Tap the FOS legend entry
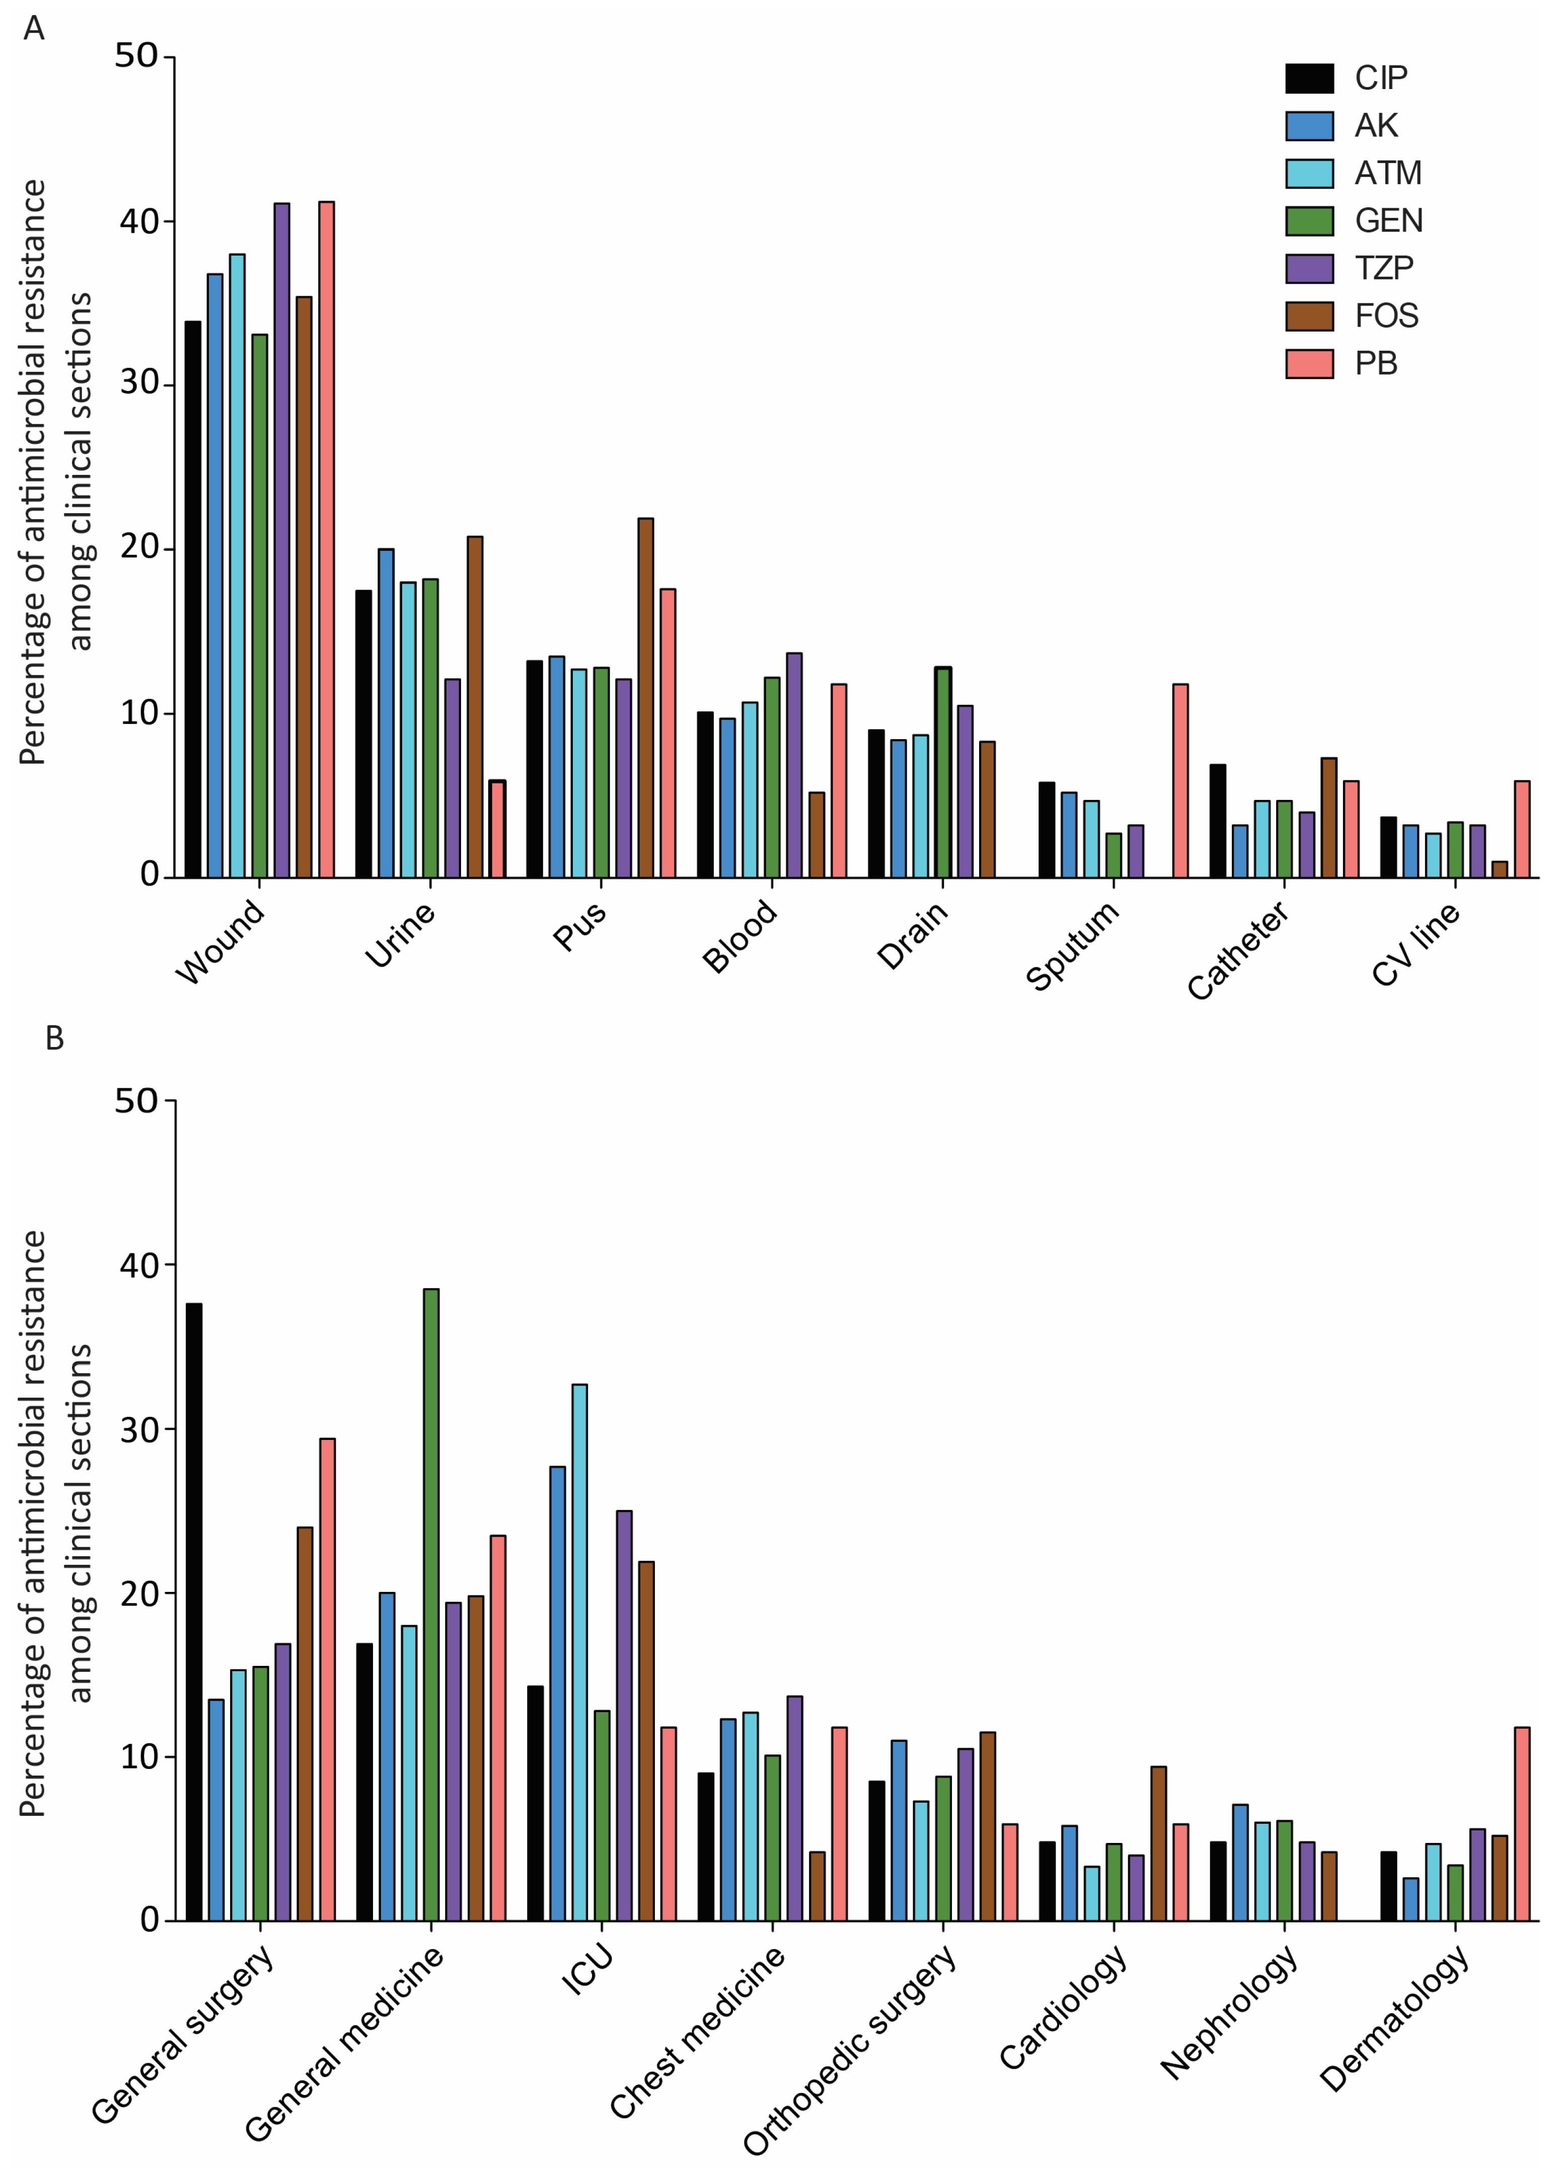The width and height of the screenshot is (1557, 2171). point(1386,316)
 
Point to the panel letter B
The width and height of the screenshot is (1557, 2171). point(54,1038)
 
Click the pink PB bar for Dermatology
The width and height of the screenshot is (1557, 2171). point(1522,1823)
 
